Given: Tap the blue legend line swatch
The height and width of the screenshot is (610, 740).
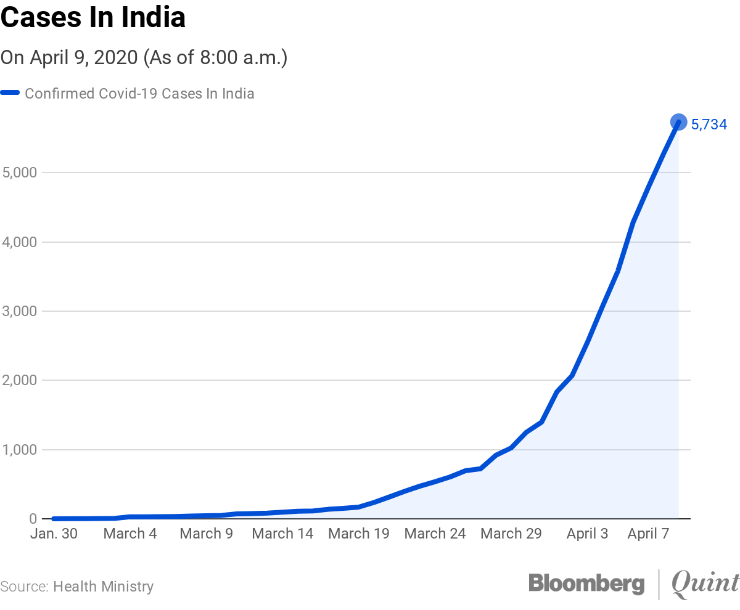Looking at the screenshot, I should pos(10,94).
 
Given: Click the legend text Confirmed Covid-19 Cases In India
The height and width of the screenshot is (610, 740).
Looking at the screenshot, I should pos(139,94).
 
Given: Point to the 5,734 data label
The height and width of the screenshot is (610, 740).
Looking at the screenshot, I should pos(709,125).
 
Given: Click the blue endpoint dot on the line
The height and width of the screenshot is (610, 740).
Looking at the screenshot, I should pos(678,122).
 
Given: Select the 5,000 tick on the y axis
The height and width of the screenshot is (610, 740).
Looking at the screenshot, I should pos(20,173).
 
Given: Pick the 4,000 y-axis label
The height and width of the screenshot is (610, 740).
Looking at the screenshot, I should pos(20,242).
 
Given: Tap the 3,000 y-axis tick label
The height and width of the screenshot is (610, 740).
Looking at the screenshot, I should pos(20,311).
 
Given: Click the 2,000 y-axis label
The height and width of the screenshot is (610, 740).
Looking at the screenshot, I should pos(20,380).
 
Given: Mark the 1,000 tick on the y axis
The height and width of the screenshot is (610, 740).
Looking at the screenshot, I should pos(20,450).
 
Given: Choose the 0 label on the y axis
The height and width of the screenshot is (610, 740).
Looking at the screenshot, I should pos(33,519).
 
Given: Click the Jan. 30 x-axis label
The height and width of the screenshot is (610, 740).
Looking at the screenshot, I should pos(54,534).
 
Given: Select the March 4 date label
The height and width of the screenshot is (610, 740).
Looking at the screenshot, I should pos(130,534).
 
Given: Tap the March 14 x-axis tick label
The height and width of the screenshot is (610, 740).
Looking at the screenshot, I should pos(282,534).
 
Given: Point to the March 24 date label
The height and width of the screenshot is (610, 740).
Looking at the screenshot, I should pos(435,534).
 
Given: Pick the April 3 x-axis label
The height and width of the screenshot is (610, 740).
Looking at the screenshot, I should pos(587,534).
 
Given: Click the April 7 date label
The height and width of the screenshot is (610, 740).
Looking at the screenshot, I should pos(648,534).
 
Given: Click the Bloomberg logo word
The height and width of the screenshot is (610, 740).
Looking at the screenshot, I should pos(586,584).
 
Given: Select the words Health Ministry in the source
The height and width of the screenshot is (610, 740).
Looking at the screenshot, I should pos(103,587).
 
